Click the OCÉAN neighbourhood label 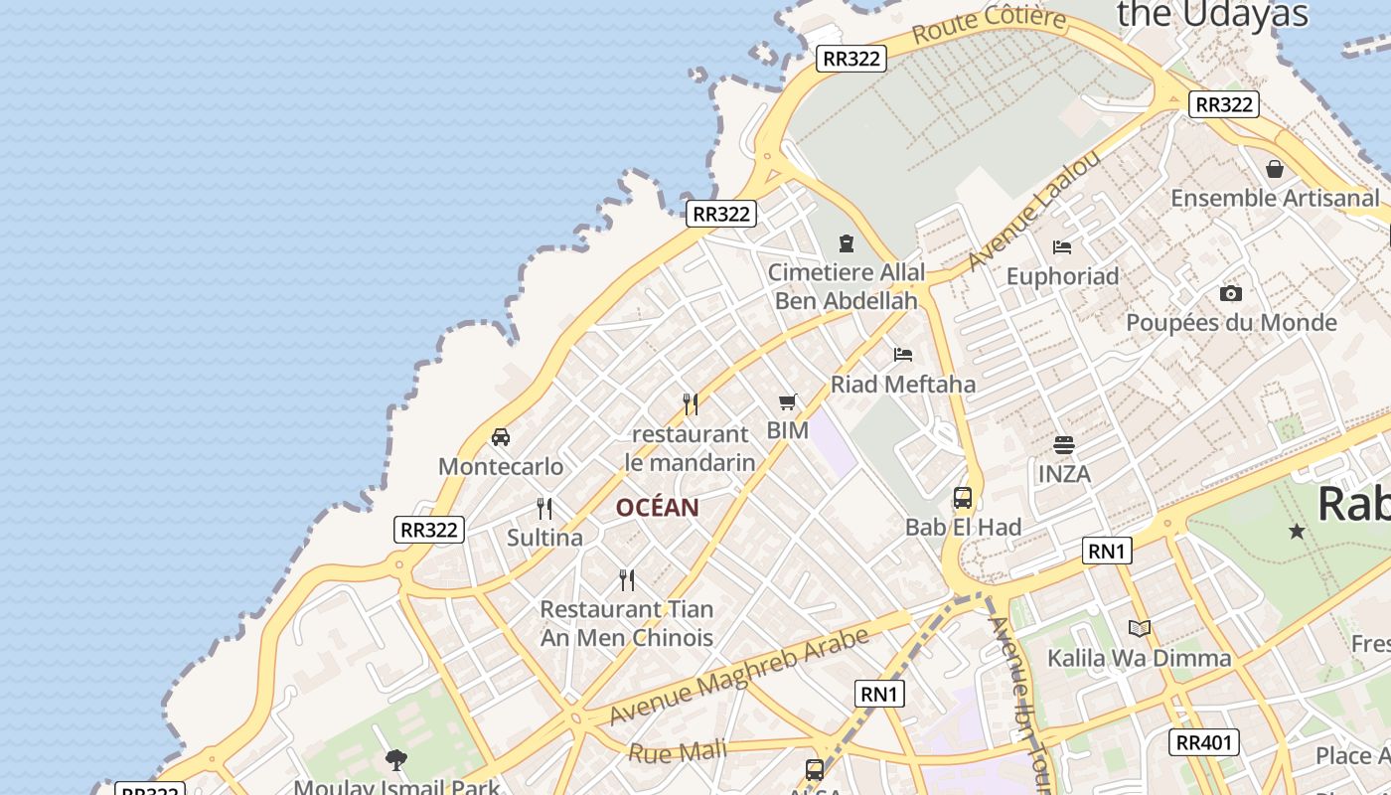coord(657,508)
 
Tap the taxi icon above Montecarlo coord(501,436)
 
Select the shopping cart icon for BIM coord(788,402)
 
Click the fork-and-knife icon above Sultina coord(544,509)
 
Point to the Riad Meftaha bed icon coord(902,354)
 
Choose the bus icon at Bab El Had coord(962,498)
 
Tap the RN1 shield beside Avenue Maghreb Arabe coord(879,694)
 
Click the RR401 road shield coord(1203,741)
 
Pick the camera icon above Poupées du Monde coord(1230,293)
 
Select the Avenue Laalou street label coord(1034,211)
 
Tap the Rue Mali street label coord(678,751)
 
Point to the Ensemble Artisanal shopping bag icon coord(1275,170)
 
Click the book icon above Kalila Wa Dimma coord(1139,628)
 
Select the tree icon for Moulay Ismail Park coord(396,761)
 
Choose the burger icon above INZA coord(1064,444)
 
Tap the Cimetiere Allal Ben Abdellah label coord(847,285)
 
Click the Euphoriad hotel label coord(1062,275)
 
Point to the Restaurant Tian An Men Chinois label coord(627,623)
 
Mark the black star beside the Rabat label coord(1297,532)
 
